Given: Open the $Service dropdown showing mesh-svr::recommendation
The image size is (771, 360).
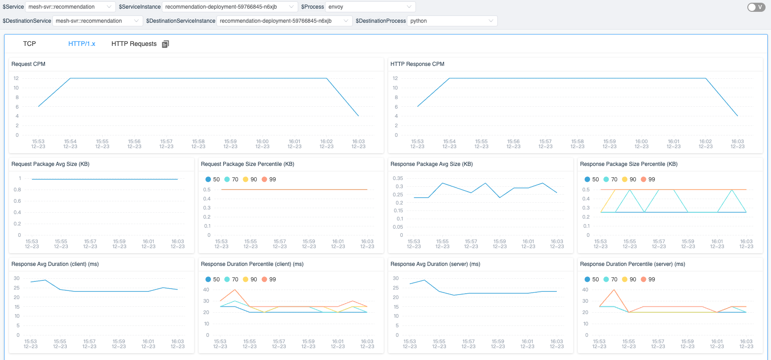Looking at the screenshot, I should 70,7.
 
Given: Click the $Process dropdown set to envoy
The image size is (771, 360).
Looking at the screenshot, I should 370,7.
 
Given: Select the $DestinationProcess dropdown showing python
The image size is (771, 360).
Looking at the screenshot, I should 451,21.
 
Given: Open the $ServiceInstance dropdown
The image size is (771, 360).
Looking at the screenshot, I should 230,7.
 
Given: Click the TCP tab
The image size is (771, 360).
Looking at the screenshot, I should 30,44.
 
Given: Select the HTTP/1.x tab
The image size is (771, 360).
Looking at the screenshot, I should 82,44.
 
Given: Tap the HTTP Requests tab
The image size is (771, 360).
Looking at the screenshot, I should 134,44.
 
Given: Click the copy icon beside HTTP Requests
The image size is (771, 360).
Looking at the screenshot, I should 165,44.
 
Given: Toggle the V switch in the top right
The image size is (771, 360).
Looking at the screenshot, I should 756,7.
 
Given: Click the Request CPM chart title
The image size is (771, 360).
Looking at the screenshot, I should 28,64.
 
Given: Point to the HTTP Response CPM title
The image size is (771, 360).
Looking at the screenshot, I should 417,64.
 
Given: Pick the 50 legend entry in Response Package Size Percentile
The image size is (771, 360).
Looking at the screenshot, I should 591,180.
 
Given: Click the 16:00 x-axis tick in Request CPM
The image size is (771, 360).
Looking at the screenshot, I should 262,144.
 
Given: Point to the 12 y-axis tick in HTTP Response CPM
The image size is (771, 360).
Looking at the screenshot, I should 395,78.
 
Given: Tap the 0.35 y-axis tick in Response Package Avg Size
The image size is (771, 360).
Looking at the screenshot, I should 398,178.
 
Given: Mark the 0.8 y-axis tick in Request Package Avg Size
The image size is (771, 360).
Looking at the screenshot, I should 17,190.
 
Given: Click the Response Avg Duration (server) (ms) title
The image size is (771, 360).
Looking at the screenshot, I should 435,264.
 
